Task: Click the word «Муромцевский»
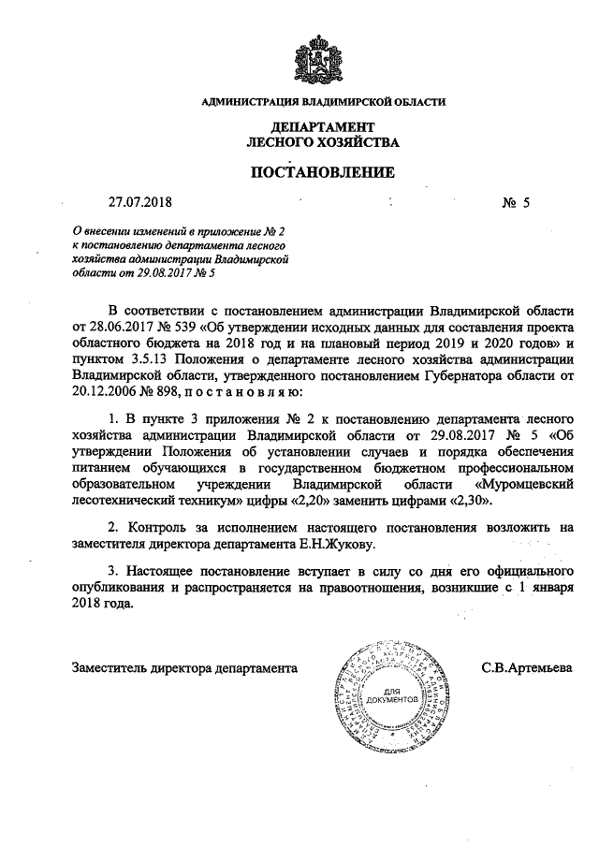click(x=524, y=485)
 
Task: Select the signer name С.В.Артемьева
click(x=527, y=669)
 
